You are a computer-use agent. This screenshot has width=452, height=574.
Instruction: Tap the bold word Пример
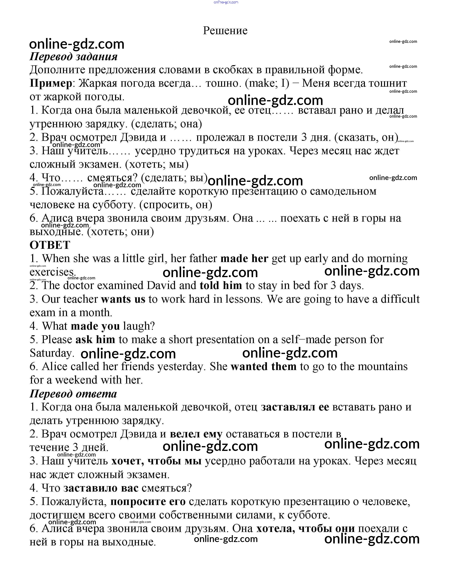(50, 83)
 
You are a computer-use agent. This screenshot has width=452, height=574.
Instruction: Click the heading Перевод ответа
(73, 394)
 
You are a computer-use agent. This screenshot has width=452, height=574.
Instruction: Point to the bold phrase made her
(244, 258)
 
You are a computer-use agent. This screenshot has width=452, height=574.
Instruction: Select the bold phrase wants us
(123, 299)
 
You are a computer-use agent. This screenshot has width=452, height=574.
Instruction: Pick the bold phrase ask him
(95, 340)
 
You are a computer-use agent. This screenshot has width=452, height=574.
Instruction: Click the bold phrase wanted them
(263, 367)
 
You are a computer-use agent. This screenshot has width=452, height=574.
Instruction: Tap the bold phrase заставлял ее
(295, 407)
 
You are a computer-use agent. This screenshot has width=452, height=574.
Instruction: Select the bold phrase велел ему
(196, 434)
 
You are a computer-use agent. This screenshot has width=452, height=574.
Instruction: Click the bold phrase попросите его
(148, 502)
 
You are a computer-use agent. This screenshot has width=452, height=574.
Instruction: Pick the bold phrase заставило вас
(101, 488)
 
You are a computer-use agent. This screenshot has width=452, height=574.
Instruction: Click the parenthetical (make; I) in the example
(267, 83)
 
